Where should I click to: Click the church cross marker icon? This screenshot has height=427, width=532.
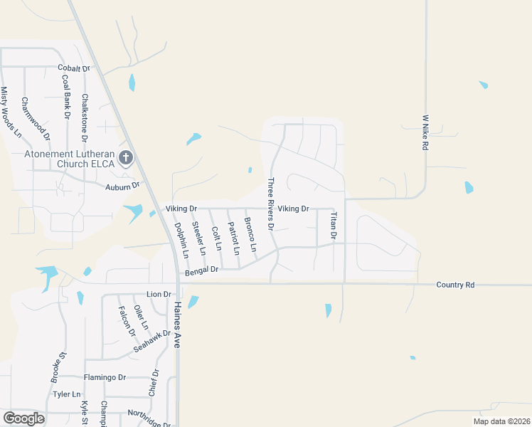126,157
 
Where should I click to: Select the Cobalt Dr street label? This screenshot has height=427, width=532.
75,68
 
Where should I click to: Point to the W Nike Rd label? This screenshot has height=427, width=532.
425,132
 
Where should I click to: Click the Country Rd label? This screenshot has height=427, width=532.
454,285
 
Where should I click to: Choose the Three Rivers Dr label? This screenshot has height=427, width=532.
270,204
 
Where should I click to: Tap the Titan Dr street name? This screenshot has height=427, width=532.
333,225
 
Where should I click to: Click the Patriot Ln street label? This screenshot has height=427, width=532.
233,238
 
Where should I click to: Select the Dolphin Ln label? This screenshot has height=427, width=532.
181,240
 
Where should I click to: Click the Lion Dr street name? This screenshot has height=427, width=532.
159,294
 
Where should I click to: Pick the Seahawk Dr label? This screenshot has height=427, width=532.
152,343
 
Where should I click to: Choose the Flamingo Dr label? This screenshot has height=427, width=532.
104,377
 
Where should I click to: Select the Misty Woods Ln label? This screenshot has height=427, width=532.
11,112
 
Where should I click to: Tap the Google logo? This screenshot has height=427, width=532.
23,418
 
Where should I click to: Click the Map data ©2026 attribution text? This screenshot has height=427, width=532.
501,421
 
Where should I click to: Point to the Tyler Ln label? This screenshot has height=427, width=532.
67,394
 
